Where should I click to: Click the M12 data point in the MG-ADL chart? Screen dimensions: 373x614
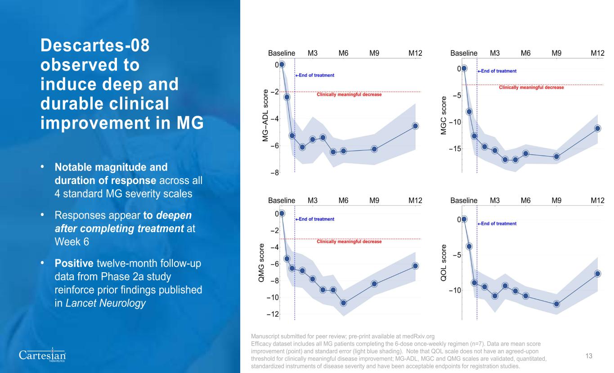point(415,126)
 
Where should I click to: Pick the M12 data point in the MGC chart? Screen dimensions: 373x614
point(597,128)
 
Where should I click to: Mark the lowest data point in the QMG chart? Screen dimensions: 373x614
point(344,303)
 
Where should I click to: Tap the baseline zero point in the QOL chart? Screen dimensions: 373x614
point(464,219)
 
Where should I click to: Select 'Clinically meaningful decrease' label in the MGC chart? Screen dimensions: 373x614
point(531,88)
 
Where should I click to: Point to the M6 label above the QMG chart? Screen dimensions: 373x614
point(343,200)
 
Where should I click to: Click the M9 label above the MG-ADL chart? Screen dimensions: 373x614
point(374,53)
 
